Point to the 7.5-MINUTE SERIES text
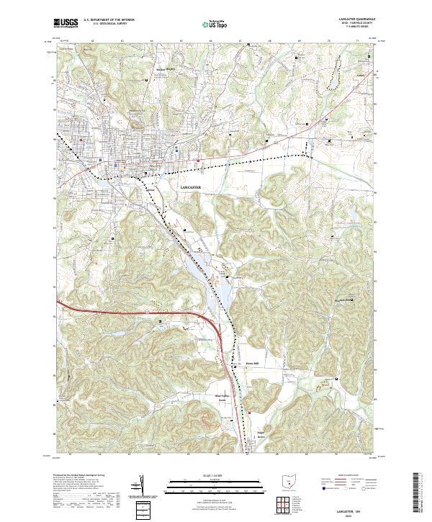(350, 30)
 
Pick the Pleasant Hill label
(341, 300)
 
